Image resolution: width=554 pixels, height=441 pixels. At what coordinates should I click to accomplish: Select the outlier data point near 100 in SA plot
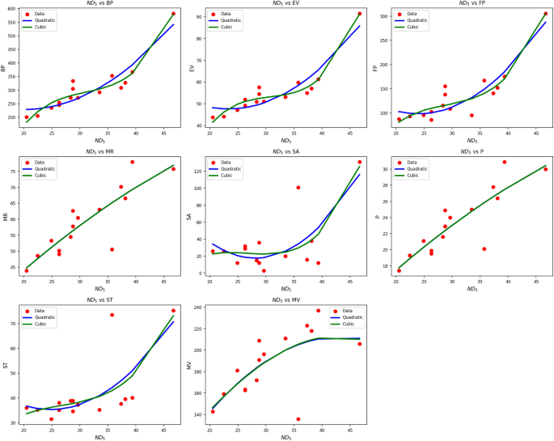(x=298, y=188)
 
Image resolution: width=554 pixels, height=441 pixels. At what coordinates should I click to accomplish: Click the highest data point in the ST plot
(x=173, y=311)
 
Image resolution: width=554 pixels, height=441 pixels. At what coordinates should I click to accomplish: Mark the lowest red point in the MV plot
(x=298, y=419)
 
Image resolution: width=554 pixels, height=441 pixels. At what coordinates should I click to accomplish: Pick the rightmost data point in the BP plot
(x=173, y=14)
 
